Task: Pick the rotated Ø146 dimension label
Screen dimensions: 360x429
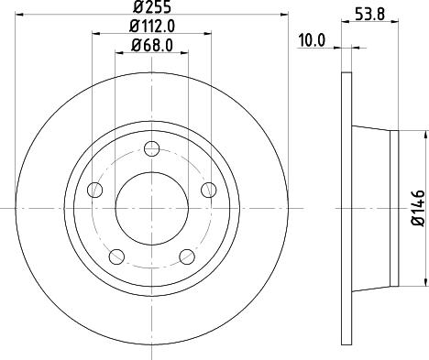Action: (x=416, y=208)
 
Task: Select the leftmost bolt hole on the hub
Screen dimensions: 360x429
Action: (x=94, y=190)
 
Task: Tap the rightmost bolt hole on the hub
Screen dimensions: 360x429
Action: (x=208, y=190)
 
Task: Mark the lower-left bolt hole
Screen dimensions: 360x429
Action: (x=116, y=255)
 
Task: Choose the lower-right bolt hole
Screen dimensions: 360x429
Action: (x=187, y=255)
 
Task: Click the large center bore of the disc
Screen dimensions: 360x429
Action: (x=151, y=208)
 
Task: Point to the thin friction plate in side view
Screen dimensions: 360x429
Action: (x=346, y=208)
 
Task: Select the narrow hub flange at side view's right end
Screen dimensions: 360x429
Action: (x=396, y=208)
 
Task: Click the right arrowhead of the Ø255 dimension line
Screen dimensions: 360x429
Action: (x=284, y=16)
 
